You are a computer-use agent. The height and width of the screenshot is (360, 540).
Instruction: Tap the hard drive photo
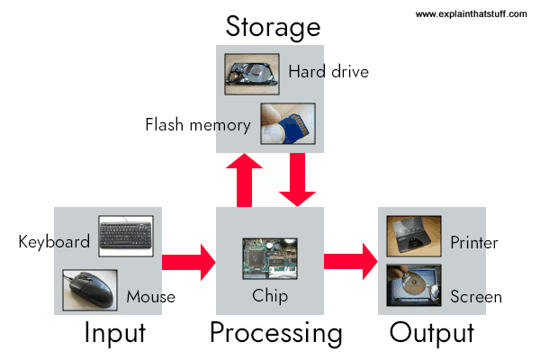pyautogui.click(x=249, y=75)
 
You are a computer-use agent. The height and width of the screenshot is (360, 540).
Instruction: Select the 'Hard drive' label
pyautogui.click(x=328, y=72)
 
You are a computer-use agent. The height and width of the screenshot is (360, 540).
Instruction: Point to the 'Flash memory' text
pyautogui.click(x=197, y=124)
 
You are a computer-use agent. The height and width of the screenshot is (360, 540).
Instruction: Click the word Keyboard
pyautogui.click(x=54, y=241)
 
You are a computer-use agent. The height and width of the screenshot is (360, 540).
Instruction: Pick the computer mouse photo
pyautogui.click(x=88, y=290)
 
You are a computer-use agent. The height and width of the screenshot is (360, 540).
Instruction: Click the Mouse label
pyautogui.click(x=150, y=296)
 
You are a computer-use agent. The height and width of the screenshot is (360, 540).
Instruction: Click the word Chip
pyautogui.click(x=270, y=296)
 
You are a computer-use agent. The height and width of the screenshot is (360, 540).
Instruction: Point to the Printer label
pyautogui.click(x=474, y=242)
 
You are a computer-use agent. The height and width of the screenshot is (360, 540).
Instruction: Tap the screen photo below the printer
pyautogui.click(x=413, y=286)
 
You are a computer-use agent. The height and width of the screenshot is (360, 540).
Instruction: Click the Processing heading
pyautogui.click(x=275, y=334)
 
